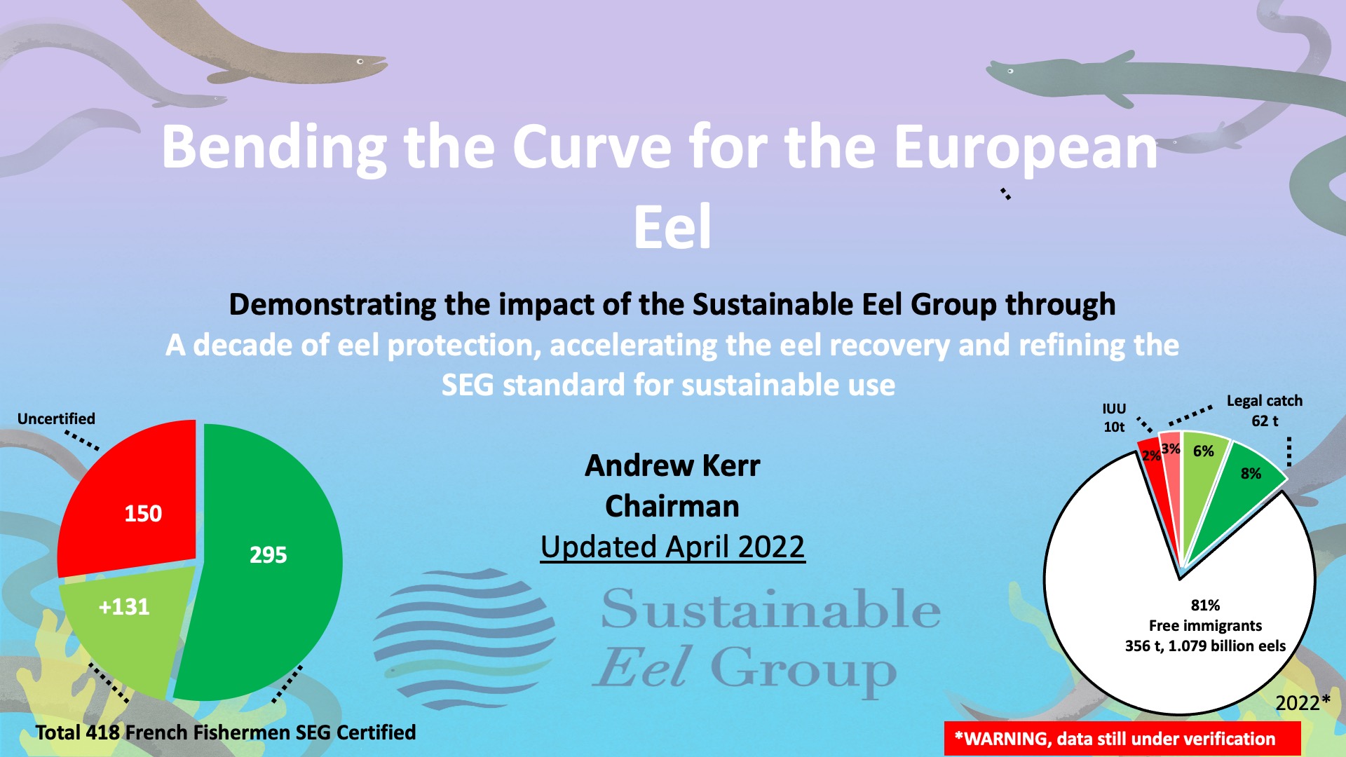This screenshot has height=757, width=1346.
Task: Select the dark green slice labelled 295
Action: point(266,561)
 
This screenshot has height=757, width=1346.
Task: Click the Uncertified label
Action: point(56,418)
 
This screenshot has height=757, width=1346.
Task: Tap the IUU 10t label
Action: point(1114,418)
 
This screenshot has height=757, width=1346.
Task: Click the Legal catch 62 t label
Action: point(1265,411)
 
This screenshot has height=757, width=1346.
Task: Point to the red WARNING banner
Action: point(1122,739)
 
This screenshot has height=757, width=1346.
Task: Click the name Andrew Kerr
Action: point(672,465)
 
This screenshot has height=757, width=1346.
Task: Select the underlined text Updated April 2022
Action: point(672,547)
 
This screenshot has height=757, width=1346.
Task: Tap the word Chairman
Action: point(672,506)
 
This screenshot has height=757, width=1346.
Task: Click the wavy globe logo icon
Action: point(464,639)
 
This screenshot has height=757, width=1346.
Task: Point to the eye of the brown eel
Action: point(360,62)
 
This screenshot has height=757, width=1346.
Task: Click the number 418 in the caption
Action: point(103,732)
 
